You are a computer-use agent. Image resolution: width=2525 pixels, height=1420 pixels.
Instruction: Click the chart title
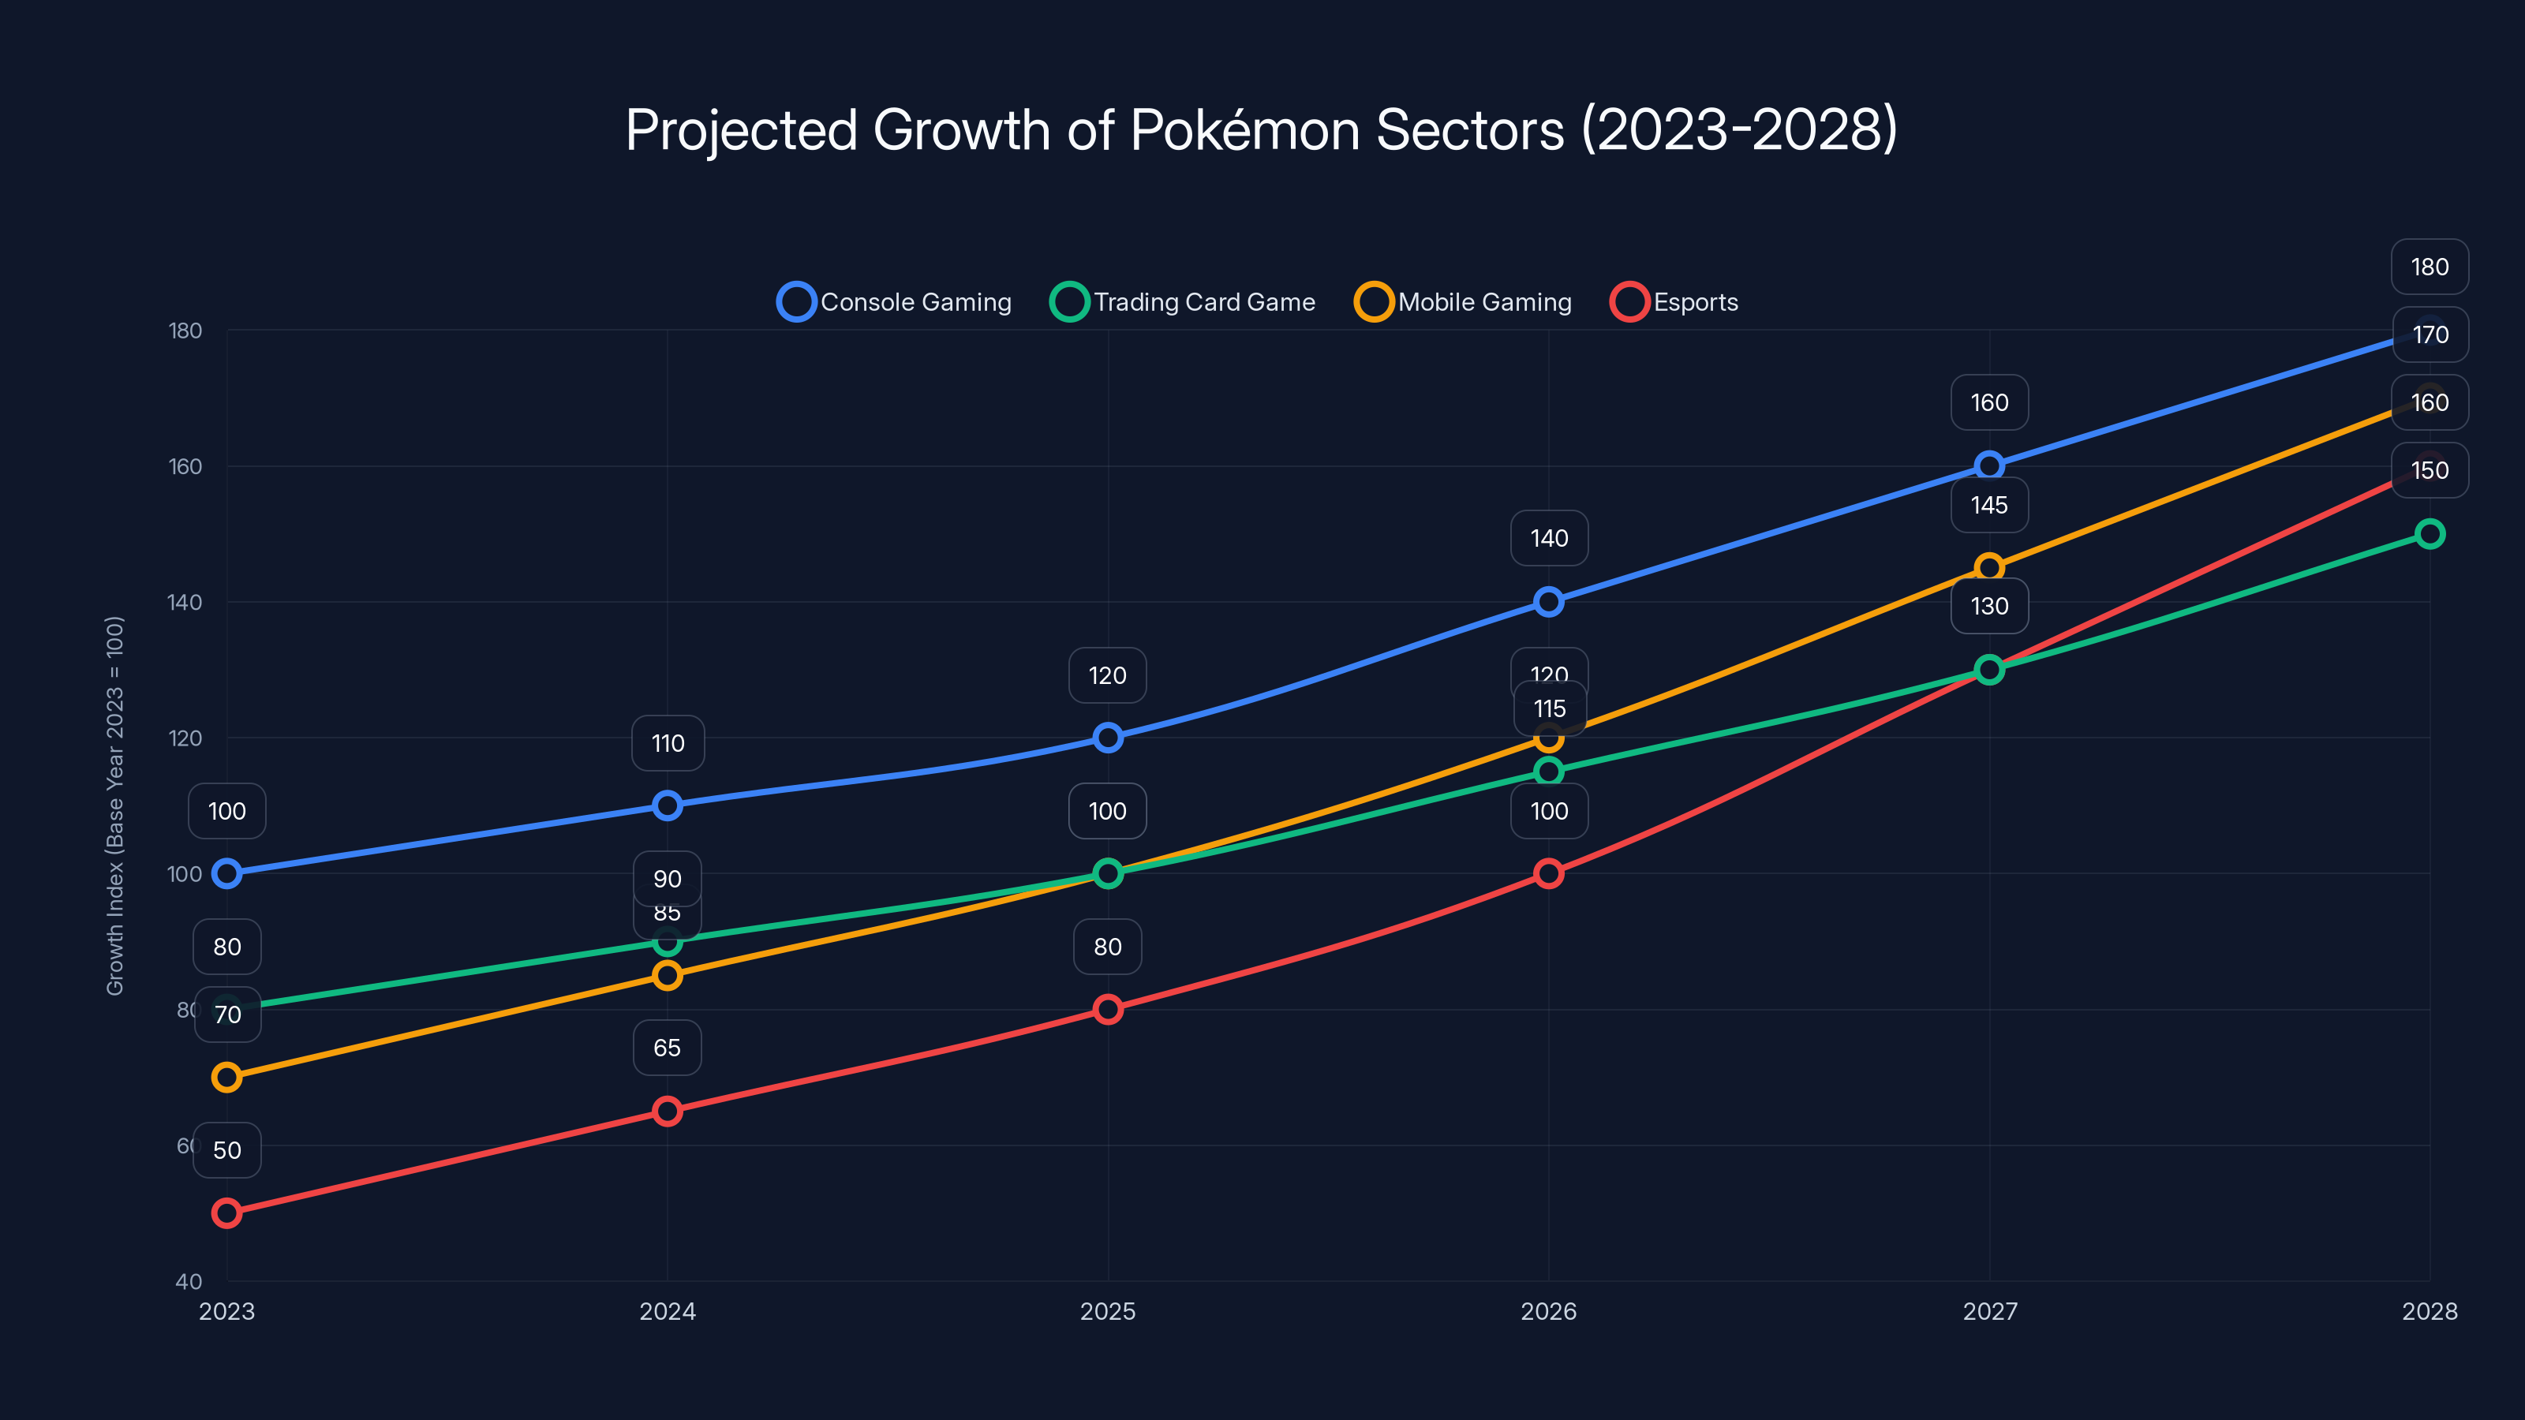(1262, 129)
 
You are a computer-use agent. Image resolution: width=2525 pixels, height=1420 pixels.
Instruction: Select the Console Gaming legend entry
(895, 302)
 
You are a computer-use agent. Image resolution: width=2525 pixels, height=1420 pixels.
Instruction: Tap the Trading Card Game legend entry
(1183, 302)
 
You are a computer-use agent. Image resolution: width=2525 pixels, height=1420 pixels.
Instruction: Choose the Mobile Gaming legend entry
(1464, 302)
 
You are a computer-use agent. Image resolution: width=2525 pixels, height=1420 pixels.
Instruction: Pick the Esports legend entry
(1675, 302)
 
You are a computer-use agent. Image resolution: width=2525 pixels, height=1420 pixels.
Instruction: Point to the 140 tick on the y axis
(185, 603)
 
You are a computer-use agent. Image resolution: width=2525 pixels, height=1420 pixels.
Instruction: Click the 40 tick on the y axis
(189, 1282)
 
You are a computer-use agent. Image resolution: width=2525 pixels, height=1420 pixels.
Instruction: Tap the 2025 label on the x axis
(1108, 1311)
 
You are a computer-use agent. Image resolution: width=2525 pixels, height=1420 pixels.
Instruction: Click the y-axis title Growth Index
(114, 805)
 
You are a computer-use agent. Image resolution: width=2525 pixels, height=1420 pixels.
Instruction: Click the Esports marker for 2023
(226, 1213)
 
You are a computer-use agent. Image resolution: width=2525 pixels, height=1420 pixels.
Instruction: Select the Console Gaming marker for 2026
(1549, 602)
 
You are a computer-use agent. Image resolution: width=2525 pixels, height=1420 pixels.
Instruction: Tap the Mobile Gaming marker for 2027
(1988, 567)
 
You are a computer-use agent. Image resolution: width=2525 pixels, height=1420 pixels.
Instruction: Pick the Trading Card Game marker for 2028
(2429, 534)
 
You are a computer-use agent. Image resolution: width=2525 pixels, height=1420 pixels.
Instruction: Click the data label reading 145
(1988, 506)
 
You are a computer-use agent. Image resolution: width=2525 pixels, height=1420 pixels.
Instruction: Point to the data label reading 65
(668, 1048)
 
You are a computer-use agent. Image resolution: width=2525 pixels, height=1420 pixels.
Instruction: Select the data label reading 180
(2429, 267)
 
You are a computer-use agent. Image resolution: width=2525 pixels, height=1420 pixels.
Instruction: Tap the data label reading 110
(668, 744)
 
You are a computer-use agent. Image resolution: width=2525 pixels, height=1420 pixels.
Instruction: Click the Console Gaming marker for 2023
(226, 873)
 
